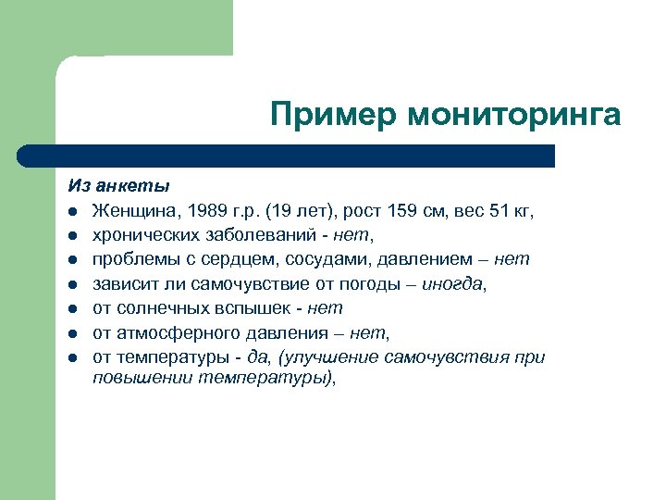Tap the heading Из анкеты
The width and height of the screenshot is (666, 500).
pyautogui.click(x=118, y=187)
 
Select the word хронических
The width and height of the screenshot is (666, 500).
pyautogui.click(x=143, y=235)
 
